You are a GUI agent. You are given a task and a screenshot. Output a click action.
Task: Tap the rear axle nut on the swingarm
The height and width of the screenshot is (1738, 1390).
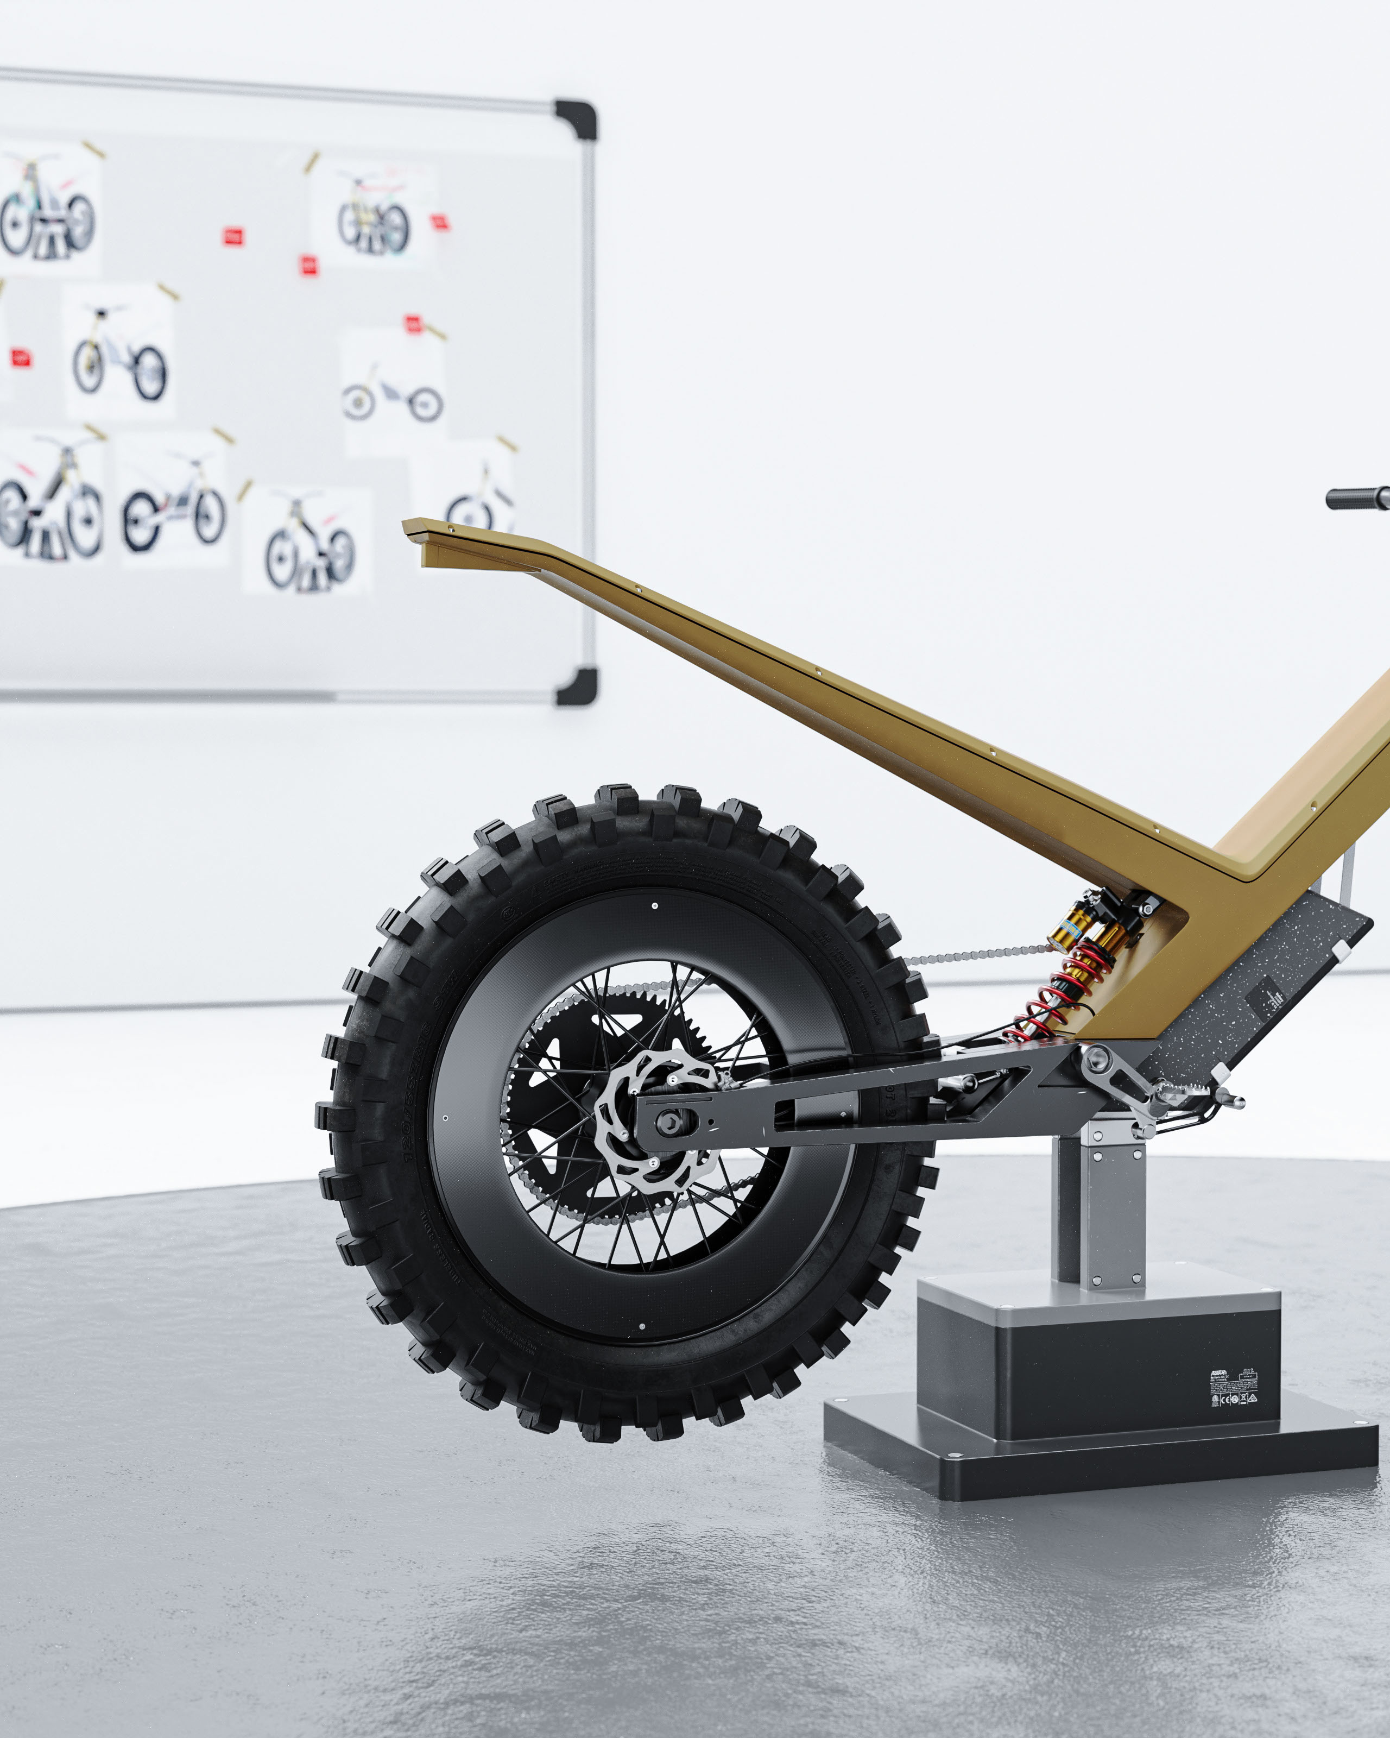point(668,1120)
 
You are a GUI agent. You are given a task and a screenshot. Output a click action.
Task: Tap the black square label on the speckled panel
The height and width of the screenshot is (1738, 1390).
point(1267,999)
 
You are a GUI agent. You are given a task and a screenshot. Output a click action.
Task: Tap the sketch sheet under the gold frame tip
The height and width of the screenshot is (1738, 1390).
point(463,492)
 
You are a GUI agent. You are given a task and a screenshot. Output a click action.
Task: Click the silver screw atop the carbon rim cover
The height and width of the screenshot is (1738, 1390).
point(654,905)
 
